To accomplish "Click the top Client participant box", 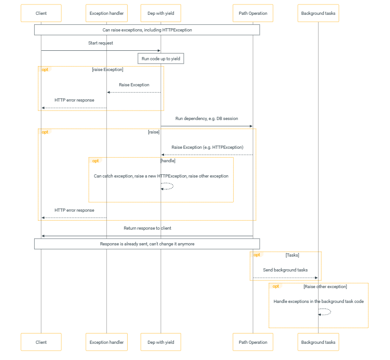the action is (41, 13).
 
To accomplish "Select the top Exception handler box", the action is (106, 13).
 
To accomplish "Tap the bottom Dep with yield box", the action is (161, 342).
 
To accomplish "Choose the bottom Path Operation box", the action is (253, 342).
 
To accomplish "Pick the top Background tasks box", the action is (318, 13).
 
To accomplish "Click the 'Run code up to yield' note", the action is (161, 58).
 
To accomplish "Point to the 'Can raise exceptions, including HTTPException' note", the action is (147, 30).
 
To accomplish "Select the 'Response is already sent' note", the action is (147, 244).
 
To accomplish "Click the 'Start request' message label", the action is (101, 43).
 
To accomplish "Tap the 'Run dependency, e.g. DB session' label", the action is (207, 118).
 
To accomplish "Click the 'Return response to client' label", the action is (147, 228).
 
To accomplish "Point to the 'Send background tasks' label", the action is (285, 270).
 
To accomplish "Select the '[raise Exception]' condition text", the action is (108, 70).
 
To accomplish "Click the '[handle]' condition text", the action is (168, 161).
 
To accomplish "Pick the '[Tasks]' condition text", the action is (292, 255).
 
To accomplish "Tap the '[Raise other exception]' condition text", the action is (325, 287).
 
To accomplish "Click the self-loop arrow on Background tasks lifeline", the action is (331, 312).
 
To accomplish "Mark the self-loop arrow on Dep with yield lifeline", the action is (173, 186).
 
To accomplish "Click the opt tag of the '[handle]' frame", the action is (96, 161).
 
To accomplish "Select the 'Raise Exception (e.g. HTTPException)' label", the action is (208, 147).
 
